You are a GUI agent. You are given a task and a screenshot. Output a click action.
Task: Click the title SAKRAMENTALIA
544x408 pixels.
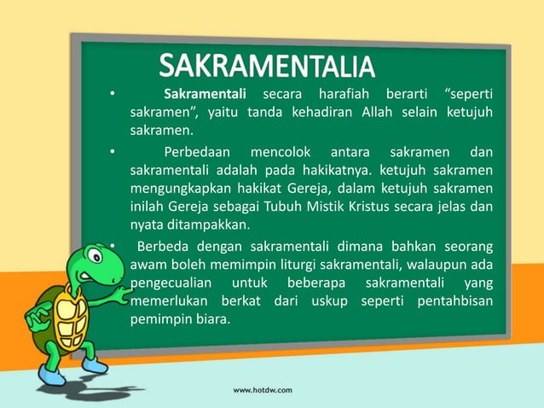tap(266, 67)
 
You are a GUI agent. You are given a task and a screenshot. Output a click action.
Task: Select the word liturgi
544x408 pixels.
tap(295, 265)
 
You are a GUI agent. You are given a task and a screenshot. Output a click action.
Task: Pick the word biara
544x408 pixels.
tap(211, 321)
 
